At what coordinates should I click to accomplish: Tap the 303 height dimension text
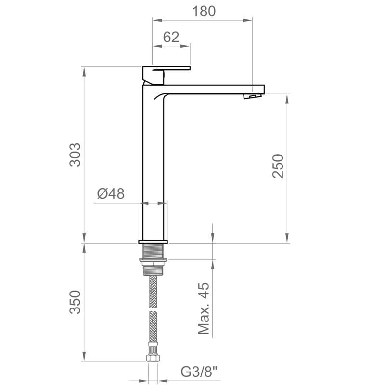pos(75,154)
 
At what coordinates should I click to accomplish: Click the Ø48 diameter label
pos(110,193)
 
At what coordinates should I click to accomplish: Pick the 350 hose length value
pos(75,302)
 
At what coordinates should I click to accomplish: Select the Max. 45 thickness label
pos(205,308)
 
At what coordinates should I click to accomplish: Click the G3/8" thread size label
pos(199,372)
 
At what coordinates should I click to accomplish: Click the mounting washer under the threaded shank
pos(153,262)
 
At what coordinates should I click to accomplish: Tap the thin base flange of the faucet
pos(153,241)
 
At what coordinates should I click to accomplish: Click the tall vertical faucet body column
pos(153,164)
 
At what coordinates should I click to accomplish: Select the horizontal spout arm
pos(212,89)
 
